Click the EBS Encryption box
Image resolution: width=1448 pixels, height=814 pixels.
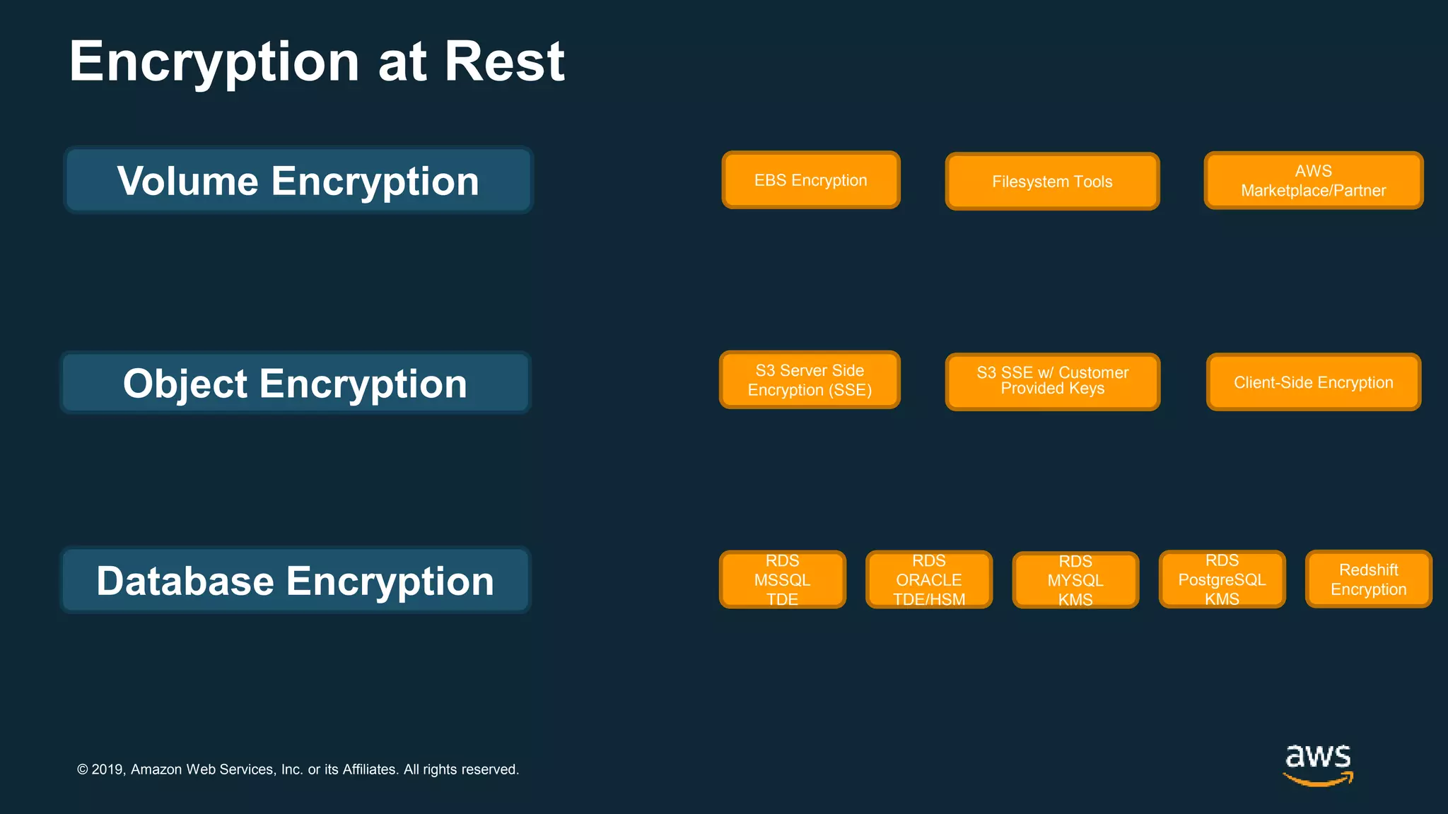pyautogui.click(x=810, y=180)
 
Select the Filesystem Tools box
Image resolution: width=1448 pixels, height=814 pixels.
pyautogui.click(x=1052, y=182)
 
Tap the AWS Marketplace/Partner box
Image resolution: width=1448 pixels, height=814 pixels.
pyautogui.click(x=1313, y=181)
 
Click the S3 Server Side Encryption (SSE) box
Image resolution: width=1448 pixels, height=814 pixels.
pyautogui.click(x=810, y=380)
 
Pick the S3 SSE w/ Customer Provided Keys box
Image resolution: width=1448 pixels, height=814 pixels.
pyautogui.click(x=1052, y=382)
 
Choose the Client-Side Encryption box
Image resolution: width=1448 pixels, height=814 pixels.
pyautogui.click(x=1313, y=382)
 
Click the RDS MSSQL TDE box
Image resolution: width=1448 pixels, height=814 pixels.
pyautogui.click(x=782, y=579)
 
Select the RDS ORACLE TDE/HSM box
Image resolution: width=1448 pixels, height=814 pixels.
pyautogui.click(x=928, y=579)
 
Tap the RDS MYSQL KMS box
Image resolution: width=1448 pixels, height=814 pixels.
pyautogui.click(x=1075, y=580)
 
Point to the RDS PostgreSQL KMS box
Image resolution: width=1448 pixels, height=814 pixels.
pyautogui.click(x=1222, y=579)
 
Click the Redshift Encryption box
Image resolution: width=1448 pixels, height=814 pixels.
pyautogui.click(x=1368, y=579)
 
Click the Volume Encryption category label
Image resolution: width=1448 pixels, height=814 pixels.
pyautogui.click(x=298, y=181)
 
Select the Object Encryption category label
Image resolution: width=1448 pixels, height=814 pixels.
pyautogui.click(x=295, y=383)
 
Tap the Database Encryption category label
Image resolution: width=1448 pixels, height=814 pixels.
pyautogui.click(x=295, y=580)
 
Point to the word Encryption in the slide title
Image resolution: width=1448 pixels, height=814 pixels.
pyautogui.click(x=214, y=63)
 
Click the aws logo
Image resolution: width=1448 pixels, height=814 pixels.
pyautogui.click(x=1318, y=757)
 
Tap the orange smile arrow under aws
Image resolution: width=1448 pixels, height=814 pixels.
pyautogui.click(x=1318, y=780)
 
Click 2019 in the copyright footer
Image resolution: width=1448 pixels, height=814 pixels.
pyautogui.click(x=107, y=769)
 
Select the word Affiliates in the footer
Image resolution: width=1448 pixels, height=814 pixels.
pyautogui.click(x=370, y=769)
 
